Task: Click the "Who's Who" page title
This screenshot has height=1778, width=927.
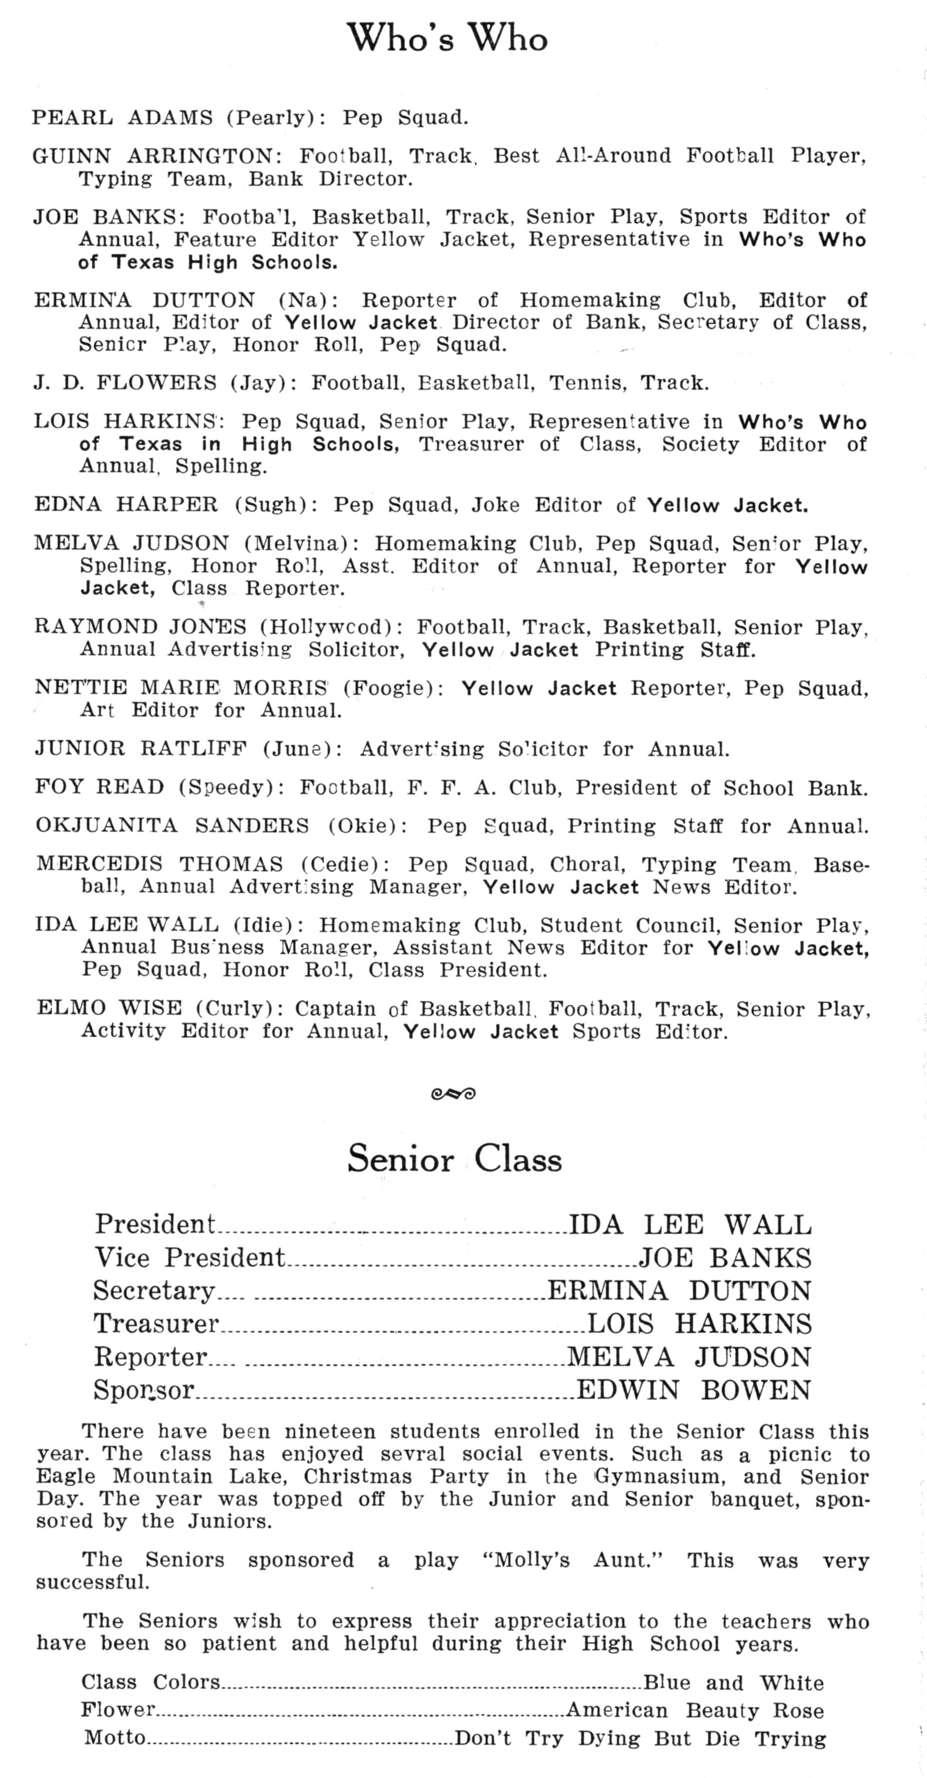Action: pyautogui.click(x=447, y=38)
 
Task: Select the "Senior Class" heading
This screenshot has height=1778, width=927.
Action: pyautogui.click(x=454, y=1158)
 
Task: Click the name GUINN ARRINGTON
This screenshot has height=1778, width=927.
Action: pyautogui.click(x=152, y=156)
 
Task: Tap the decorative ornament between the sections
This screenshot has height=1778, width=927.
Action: pyautogui.click(x=453, y=1092)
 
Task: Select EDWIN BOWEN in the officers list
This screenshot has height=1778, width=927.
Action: pyautogui.click(x=694, y=1390)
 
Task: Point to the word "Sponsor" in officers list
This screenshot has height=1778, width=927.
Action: pyautogui.click(x=144, y=1390)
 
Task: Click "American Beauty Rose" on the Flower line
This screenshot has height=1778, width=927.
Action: pyautogui.click(x=694, y=1711)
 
